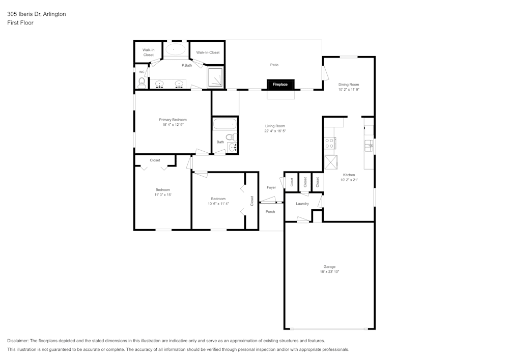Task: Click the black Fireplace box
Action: (x=280, y=85)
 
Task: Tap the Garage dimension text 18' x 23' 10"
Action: (x=329, y=272)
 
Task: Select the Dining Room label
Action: (x=349, y=85)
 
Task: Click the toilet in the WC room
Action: (x=142, y=82)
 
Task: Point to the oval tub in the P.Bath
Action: (x=176, y=49)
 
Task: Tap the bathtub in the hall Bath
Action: (x=224, y=124)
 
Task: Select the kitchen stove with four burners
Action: (x=329, y=143)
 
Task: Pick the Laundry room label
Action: (x=302, y=204)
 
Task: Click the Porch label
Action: (x=270, y=212)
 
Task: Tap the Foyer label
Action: (x=271, y=187)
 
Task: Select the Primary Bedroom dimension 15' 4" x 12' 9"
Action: (x=173, y=125)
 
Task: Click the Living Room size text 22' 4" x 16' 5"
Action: (x=275, y=131)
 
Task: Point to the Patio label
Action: (x=274, y=65)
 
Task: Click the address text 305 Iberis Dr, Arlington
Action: (x=36, y=14)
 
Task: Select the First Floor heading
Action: (x=20, y=23)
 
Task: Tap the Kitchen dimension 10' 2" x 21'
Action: (x=349, y=180)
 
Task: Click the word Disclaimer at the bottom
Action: (x=18, y=341)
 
